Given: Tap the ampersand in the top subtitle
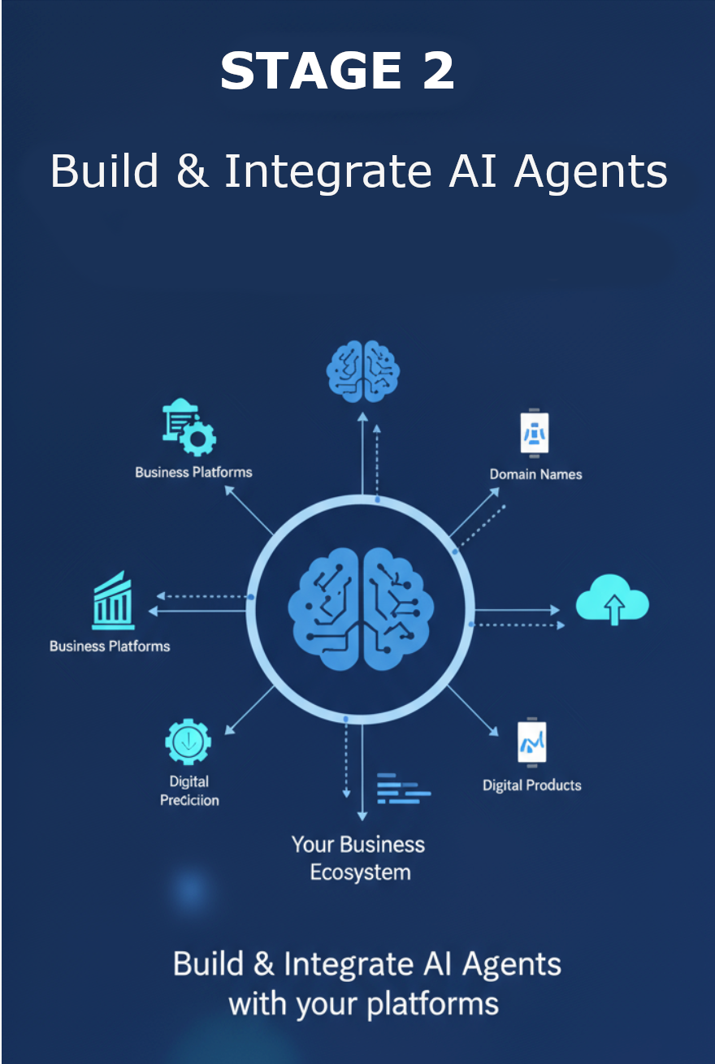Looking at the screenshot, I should coord(191,171).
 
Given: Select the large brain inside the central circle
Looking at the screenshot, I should coord(361,608).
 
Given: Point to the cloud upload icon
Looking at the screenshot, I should coord(613,601).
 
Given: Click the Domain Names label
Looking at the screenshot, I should coord(535,474).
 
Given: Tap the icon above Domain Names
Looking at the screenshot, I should coord(535,432).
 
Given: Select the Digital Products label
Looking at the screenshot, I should coord(532,785).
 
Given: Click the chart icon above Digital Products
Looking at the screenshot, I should coord(532,742).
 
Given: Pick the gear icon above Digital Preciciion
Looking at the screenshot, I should coord(188,742).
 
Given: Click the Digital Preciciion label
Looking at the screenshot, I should coord(189,791).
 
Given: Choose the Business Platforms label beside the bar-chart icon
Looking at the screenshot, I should coord(110,647).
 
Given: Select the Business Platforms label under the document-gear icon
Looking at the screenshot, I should coord(193,472).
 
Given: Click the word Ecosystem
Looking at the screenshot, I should coord(360,873).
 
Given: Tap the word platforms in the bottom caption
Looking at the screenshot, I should coord(432,1004).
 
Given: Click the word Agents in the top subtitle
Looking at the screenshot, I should coord(591,171).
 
